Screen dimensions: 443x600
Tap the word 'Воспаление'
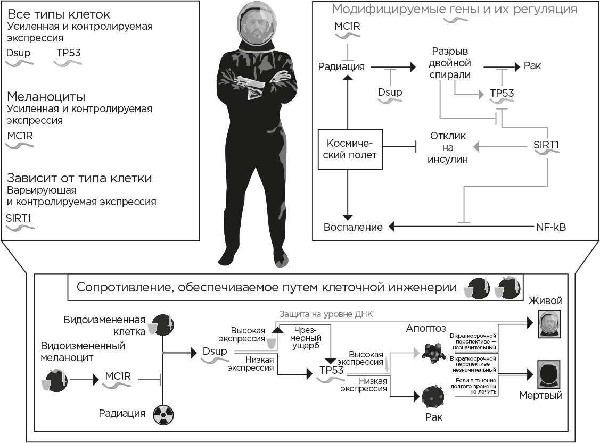[354, 228]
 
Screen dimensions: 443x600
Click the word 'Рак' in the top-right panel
[532, 66]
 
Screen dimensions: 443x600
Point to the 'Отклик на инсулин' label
[447, 147]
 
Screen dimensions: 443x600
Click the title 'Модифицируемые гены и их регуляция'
[454, 9]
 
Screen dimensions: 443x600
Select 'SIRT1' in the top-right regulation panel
[547, 144]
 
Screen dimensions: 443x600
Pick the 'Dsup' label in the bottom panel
[214, 351]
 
